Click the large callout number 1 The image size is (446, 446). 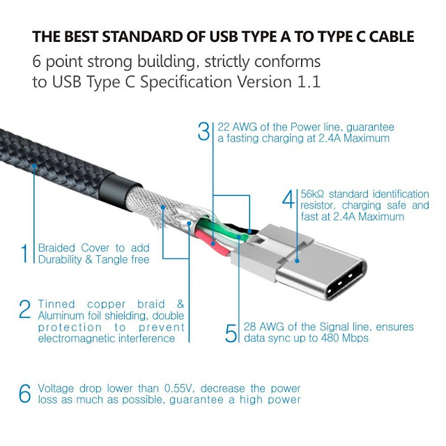(24, 253)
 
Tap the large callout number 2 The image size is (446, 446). (25, 309)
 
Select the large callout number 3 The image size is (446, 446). (203, 131)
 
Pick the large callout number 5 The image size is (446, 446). (231, 333)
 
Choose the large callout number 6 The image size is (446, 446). (25, 393)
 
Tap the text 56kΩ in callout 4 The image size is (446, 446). (312, 194)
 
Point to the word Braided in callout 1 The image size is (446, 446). (56, 248)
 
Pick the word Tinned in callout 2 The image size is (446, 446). (56, 304)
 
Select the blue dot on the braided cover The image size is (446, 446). (34, 165)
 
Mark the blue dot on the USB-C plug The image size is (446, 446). (297, 261)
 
